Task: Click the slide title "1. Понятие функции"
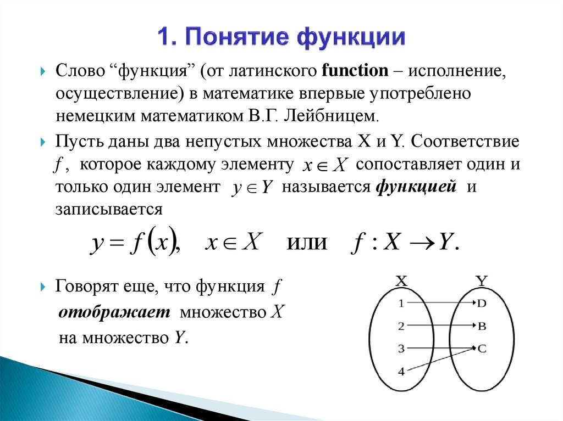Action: (x=281, y=38)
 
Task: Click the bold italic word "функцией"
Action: (x=417, y=187)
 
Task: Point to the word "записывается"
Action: (x=108, y=209)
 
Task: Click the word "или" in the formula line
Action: (x=307, y=242)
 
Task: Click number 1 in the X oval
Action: (x=401, y=303)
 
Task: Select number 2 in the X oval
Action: (x=401, y=326)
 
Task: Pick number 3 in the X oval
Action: (x=401, y=348)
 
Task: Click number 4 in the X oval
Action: (x=401, y=372)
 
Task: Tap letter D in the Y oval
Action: (x=482, y=303)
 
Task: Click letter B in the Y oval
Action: (x=482, y=326)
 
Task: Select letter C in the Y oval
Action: (x=482, y=348)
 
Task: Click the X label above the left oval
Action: (x=401, y=280)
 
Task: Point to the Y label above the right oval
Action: (x=482, y=280)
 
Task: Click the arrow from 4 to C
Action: (x=440, y=360)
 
